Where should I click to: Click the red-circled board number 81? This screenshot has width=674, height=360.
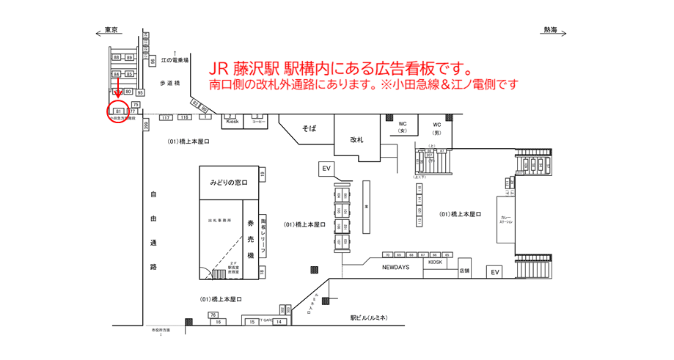coord(118,111)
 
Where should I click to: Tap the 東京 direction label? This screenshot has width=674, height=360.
coord(111,30)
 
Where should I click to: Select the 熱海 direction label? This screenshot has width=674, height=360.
coord(550,30)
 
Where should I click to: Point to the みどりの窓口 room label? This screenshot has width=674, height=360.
coord(229,182)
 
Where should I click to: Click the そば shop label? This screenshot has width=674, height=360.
coord(309,128)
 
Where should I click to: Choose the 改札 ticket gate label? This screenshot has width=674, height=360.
coord(356,139)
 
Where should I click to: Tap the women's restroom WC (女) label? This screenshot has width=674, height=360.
coord(403,127)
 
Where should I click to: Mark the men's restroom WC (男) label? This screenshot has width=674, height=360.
coord(437,128)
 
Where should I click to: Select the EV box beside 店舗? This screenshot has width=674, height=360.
coord(495,272)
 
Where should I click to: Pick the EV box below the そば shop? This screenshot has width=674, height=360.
coord(326,169)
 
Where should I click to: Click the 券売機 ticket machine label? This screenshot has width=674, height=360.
coord(250,239)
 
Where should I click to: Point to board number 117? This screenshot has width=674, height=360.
coord(166,117)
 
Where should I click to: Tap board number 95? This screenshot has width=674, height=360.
coord(140,92)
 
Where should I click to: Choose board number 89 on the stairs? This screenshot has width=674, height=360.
coord(130,57)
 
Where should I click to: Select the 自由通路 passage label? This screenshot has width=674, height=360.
coord(154,231)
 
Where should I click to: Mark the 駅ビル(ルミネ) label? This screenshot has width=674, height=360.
coord(368,317)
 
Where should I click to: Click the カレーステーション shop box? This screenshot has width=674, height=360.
coord(506,219)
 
